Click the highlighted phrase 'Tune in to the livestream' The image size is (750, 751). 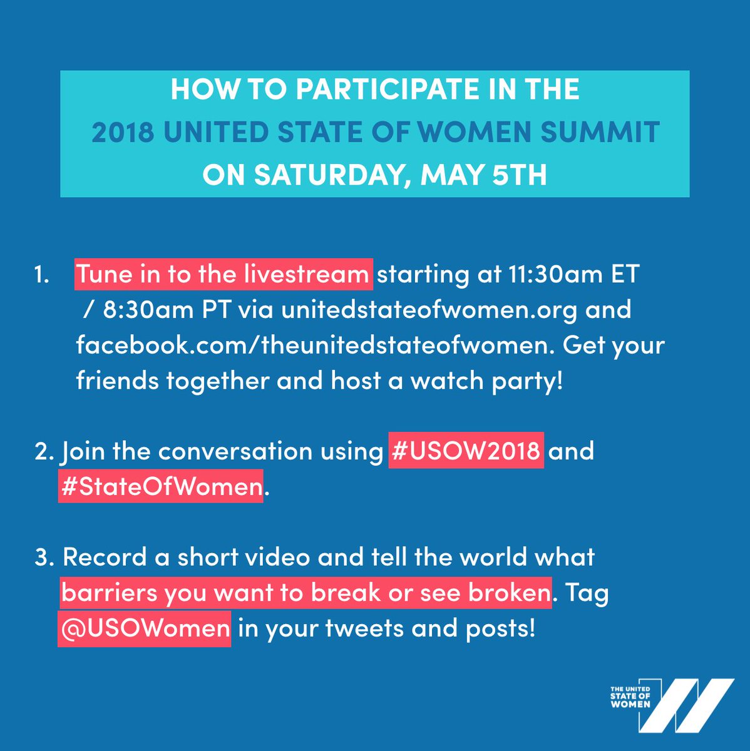coord(223,275)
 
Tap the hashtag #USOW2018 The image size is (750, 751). coord(466,451)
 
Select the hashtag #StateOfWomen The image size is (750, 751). coord(161,486)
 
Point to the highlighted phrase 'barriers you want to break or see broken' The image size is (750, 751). coord(307,593)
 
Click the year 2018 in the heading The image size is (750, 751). coord(123,132)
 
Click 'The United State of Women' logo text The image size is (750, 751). coord(630,696)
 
